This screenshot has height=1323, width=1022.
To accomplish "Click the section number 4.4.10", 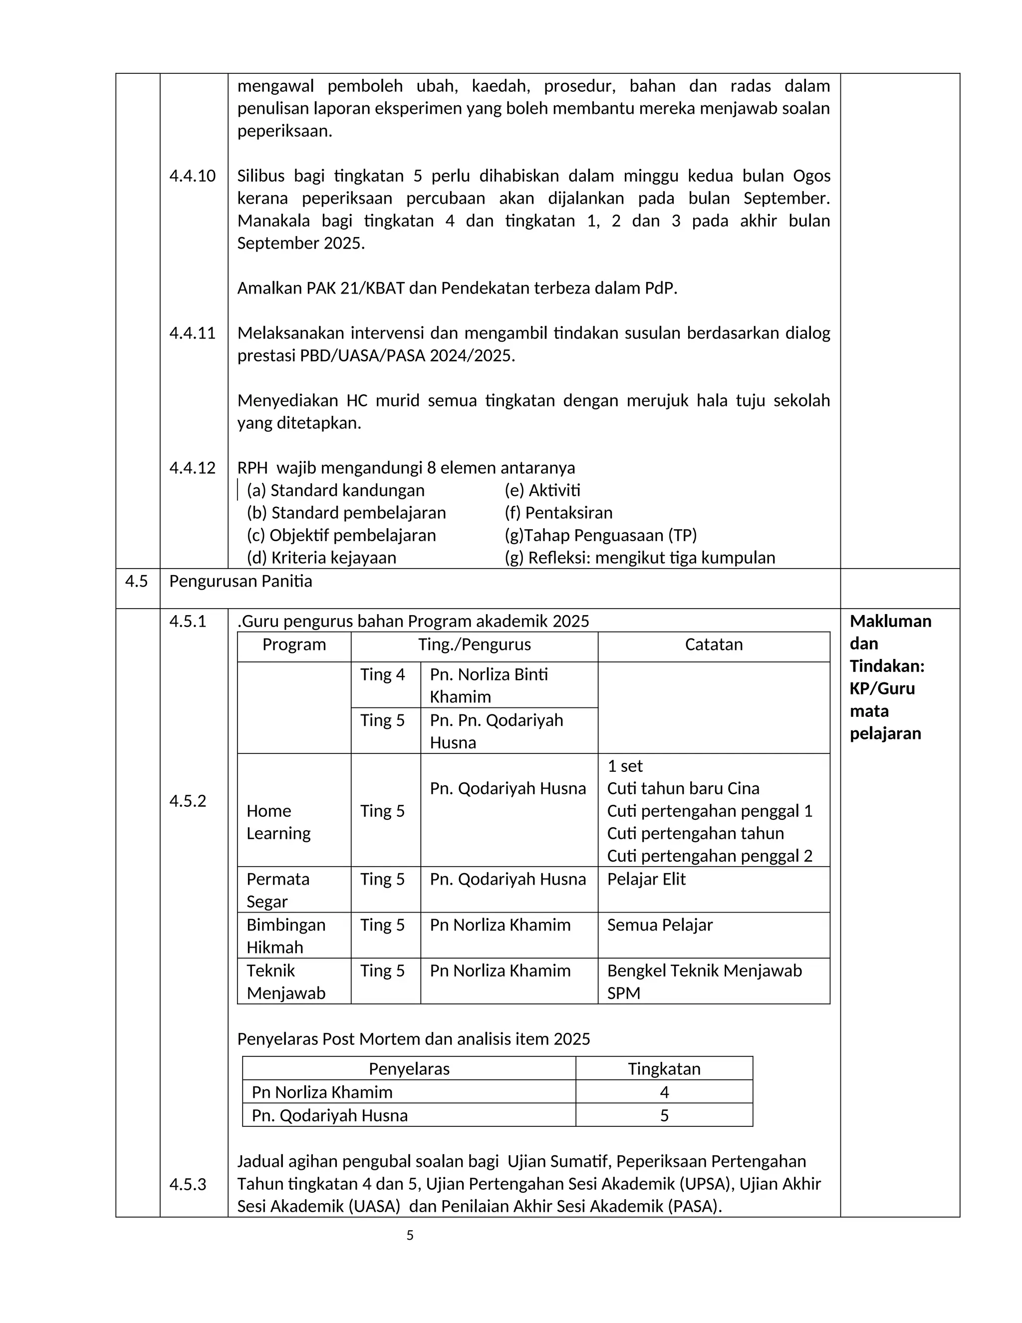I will [192, 176].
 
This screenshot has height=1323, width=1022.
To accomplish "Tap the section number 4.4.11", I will [192, 333].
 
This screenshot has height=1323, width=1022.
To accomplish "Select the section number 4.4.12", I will [192, 468].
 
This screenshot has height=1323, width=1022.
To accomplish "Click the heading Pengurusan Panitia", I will [241, 581].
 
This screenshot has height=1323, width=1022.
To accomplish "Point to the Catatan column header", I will [713, 645].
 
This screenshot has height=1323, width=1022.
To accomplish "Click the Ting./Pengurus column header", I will [474, 645].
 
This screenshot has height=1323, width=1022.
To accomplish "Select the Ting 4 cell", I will [382, 675].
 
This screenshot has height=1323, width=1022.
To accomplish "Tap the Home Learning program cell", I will [278, 822].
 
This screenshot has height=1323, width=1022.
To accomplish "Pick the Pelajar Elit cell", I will [646, 879].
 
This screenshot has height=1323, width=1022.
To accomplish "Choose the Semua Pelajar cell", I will [659, 925].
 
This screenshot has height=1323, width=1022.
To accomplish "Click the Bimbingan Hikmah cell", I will [286, 936].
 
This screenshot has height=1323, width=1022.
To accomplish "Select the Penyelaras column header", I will [409, 1068].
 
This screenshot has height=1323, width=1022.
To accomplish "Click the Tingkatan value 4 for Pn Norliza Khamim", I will [664, 1092].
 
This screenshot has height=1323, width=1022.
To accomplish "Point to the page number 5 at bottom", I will [410, 1235].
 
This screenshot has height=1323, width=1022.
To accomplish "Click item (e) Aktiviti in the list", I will [542, 490].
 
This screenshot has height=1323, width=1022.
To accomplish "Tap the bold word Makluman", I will [890, 621].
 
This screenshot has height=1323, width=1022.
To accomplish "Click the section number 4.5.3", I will [188, 1184].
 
